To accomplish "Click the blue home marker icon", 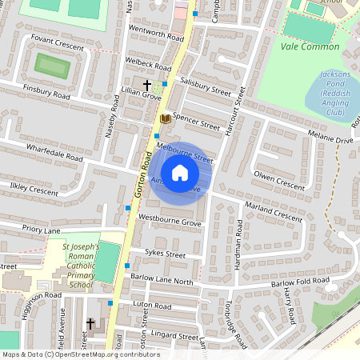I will click(180, 173).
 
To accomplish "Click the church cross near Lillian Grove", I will click(146, 84).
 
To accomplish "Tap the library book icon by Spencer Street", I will click(165, 118).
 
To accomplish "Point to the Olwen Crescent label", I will click(278, 180).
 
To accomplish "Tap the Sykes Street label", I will click(164, 254).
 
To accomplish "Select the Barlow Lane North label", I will click(162, 282).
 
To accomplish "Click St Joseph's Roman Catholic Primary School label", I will click(80, 266).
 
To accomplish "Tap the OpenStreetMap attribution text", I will click(80, 354).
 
